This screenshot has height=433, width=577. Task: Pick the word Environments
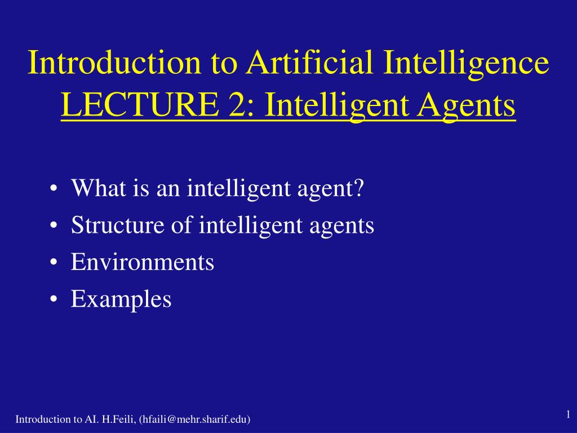coord(143,262)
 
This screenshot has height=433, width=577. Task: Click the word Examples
coord(121,299)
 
